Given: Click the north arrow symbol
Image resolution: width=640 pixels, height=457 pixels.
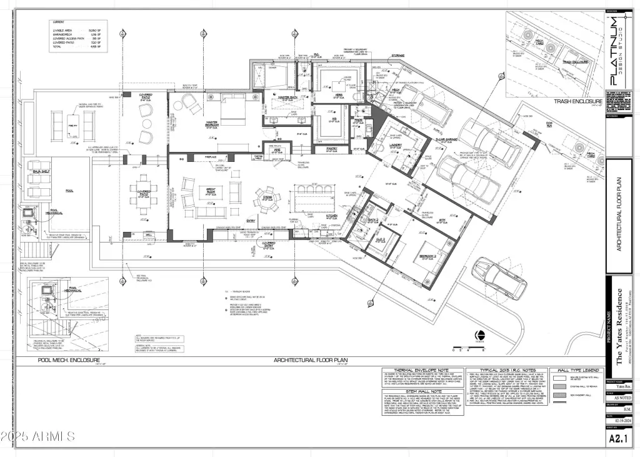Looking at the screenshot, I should pos(480,334).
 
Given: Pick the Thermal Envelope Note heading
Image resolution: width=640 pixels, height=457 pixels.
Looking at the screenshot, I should pos(420,370).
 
